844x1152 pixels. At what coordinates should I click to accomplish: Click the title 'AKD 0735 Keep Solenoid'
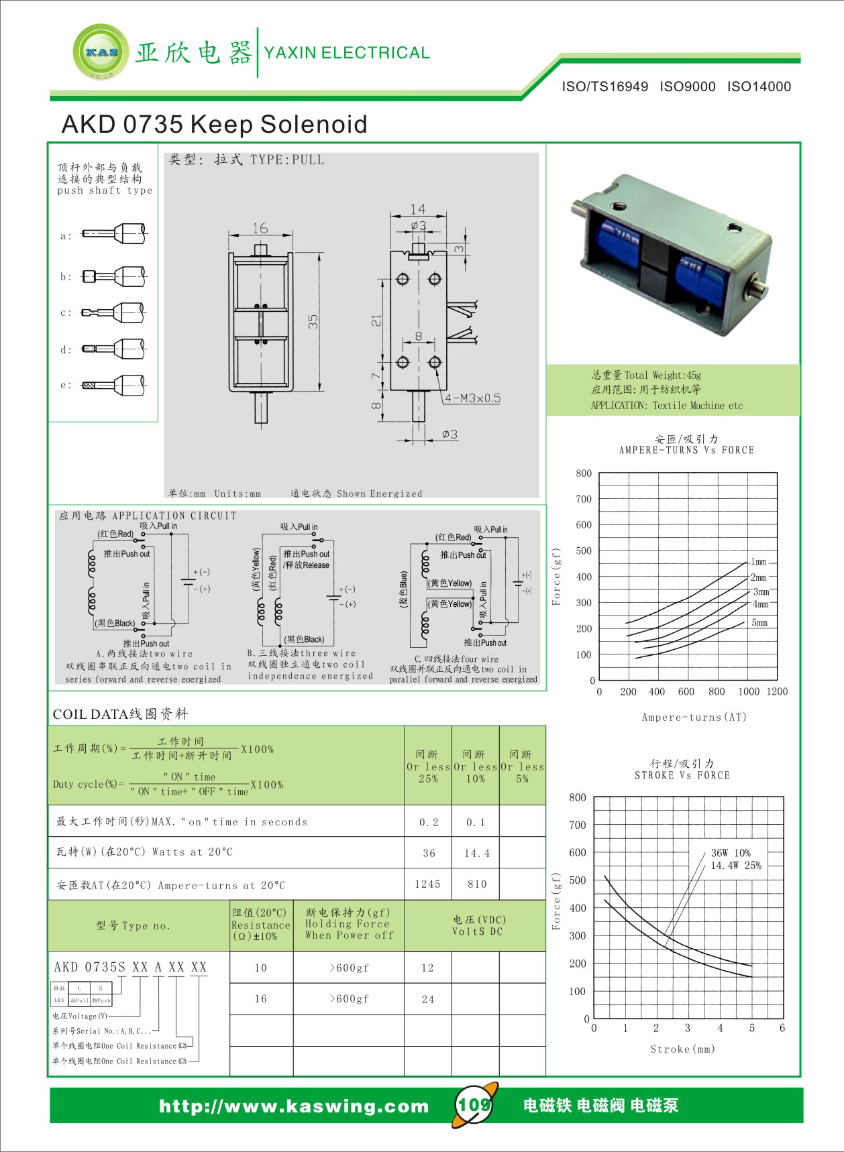pyautogui.click(x=214, y=124)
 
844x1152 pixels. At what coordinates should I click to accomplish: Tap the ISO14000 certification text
pyautogui.click(x=759, y=87)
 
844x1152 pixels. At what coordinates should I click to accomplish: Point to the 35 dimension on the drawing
pyautogui.click(x=313, y=322)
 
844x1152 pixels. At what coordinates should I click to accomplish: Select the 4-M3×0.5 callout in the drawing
pyautogui.click(x=472, y=398)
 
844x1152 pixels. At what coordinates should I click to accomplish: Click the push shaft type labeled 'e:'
pyautogui.click(x=114, y=386)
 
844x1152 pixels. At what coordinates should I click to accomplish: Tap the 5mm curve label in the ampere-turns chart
pyautogui.click(x=759, y=623)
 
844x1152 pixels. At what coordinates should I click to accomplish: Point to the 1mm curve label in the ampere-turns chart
pyautogui.click(x=758, y=562)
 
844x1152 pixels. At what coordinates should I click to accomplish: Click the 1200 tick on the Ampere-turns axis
pyautogui.click(x=777, y=692)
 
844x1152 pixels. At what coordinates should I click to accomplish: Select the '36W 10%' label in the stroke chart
pyautogui.click(x=731, y=853)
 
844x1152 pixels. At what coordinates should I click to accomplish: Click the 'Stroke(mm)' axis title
pyautogui.click(x=682, y=1049)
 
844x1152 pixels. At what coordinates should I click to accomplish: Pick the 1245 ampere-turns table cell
pyautogui.click(x=427, y=884)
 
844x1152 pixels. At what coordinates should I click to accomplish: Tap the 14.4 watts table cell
pyautogui.click(x=476, y=854)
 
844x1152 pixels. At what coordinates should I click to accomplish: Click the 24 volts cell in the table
pyautogui.click(x=427, y=999)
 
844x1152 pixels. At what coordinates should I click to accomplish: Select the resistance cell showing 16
pyautogui.click(x=261, y=999)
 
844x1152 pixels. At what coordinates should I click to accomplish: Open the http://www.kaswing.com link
pyautogui.click(x=294, y=1106)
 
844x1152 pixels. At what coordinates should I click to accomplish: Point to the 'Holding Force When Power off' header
pyautogui.click(x=348, y=924)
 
